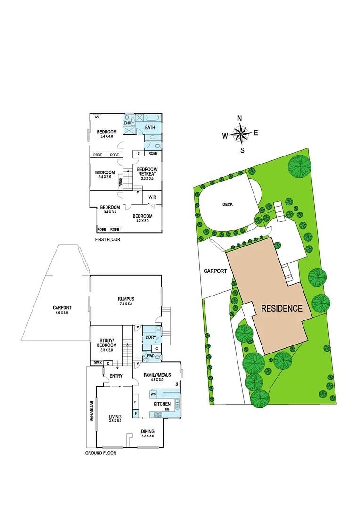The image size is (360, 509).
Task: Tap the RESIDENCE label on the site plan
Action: [x=282, y=309]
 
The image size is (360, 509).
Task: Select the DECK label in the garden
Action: [x=228, y=205]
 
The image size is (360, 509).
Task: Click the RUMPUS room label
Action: [x=126, y=299]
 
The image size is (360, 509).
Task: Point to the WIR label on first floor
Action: [x=152, y=197]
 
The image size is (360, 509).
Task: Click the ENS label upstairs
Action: [x=127, y=123]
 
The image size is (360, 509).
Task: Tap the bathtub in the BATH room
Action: [x=153, y=118]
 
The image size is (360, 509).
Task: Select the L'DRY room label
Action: [x=151, y=337]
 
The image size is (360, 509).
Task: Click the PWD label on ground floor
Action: [x=151, y=356]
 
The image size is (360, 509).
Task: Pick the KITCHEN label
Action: [x=162, y=404]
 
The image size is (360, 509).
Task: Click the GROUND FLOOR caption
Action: [x=100, y=453]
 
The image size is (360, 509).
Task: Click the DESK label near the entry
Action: [x=98, y=362]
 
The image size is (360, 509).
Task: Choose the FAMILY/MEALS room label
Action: [x=157, y=375]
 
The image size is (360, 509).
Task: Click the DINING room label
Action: [x=148, y=431]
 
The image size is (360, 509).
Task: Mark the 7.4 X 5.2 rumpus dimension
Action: [x=126, y=304]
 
